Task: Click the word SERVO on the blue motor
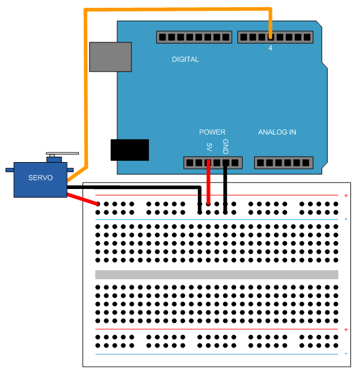pos(41,178)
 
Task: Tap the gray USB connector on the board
pos(110,57)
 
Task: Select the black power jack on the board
pos(130,150)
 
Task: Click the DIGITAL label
pos(185,59)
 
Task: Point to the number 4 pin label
pos(270,48)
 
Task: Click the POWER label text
pos(212,132)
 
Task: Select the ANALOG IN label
pos(277,132)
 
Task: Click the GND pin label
pos(225,145)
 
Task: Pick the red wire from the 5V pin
pos(208,185)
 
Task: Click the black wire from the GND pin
pos(225,188)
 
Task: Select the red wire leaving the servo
pos(83,199)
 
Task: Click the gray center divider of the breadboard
pos(216,275)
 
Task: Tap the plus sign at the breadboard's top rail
pos(346,196)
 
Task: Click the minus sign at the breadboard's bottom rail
pos(346,354)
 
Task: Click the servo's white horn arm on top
pos(62,153)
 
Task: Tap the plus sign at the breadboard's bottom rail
pos(346,330)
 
